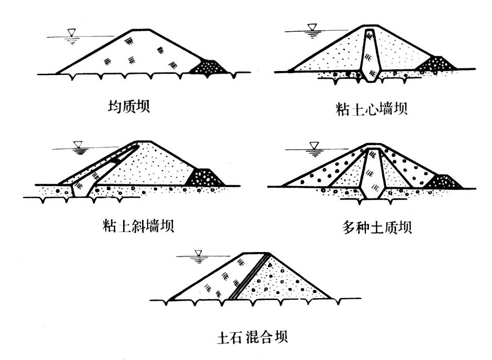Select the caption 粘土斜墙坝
(x=138, y=225)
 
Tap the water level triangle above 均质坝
(x=71, y=33)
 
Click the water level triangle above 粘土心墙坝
(x=311, y=27)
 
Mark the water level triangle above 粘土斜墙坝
(x=78, y=145)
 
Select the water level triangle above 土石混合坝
(x=199, y=253)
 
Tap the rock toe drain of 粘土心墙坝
(x=436, y=64)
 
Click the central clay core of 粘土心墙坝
(x=369, y=54)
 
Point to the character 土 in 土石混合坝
(x=223, y=337)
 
